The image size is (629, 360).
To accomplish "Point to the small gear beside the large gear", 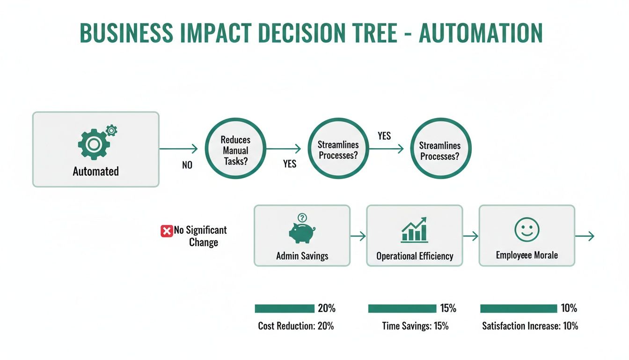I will click(x=111, y=130).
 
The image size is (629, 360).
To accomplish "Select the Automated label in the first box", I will click(x=95, y=172).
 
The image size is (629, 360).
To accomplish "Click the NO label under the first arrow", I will click(x=187, y=165).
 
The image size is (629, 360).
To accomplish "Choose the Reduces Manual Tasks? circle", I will click(x=236, y=149).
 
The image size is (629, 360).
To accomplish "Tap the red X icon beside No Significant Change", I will click(x=167, y=231).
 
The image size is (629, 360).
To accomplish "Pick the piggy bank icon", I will click(x=302, y=232).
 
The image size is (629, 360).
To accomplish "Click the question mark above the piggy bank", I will click(x=302, y=217).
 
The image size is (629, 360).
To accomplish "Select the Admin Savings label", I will click(x=302, y=256).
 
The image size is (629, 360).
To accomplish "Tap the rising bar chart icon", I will click(x=414, y=230).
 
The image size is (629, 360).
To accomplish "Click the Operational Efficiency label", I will click(x=415, y=256).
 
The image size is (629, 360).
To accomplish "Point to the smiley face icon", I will click(x=527, y=230).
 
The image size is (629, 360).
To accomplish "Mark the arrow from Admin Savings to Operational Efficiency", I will click(x=358, y=236).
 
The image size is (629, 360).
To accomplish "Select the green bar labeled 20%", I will click(x=285, y=308).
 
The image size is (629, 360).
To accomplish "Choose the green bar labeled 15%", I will click(x=402, y=308).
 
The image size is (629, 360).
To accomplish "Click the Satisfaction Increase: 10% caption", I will click(x=530, y=326).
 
